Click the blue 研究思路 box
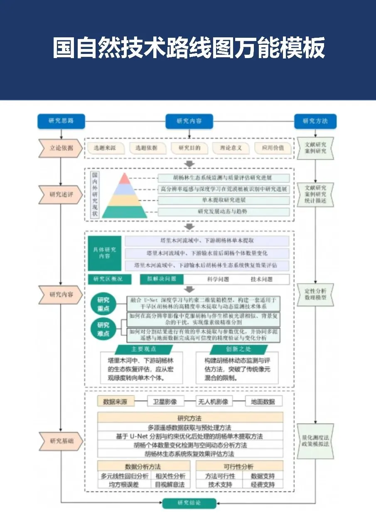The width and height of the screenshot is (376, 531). (61, 121)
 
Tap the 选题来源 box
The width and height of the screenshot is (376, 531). (105, 148)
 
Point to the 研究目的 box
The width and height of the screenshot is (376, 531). (189, 148)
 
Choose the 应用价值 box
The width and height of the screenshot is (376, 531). (273, 148)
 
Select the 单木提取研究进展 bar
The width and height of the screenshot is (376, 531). (224, 200)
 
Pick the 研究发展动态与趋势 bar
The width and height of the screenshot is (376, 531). (224, 212)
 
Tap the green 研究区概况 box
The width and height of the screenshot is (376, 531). (109, 279)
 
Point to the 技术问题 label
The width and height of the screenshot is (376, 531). (261, 279)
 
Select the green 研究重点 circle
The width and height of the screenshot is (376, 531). (103, 304)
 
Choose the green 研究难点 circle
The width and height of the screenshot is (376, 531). (103, 329)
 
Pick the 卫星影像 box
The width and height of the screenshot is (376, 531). (165, 402)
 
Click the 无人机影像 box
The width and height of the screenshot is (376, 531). (214, 402)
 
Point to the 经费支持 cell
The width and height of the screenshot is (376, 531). (263, 484)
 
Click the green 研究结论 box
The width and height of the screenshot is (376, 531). (189, 503)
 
